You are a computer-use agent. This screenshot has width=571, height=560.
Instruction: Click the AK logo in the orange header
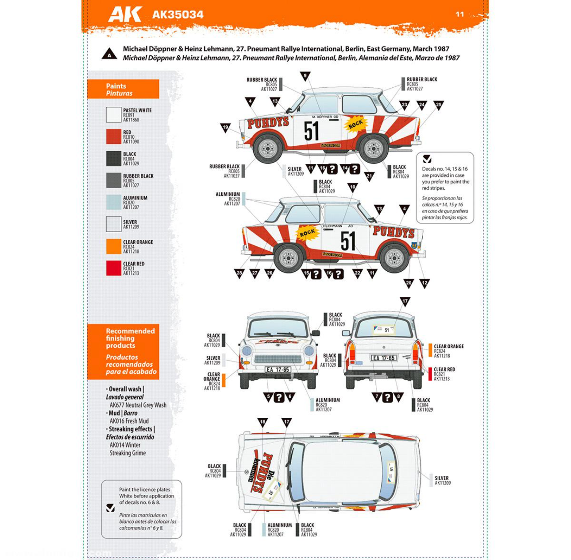[125, 14]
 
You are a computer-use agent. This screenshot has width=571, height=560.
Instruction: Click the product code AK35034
[177, 15]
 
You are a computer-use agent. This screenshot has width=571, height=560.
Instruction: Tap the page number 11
[459, 14]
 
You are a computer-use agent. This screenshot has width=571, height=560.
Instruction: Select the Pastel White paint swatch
[113, 115]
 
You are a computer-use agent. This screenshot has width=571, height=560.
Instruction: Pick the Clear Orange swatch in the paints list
[113, 246]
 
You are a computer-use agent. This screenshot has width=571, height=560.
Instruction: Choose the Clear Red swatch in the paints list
[113, 268]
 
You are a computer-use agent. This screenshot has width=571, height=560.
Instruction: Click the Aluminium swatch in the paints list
[113, 202]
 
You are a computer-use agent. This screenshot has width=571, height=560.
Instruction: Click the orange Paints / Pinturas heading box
[123, 89]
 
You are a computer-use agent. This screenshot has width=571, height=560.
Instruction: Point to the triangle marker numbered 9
[305, 76]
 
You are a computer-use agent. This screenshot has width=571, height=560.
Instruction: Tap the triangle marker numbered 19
[225, 128]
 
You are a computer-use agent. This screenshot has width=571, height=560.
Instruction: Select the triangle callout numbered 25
[438, 105]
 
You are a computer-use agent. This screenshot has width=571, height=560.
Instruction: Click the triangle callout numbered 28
[239, 273]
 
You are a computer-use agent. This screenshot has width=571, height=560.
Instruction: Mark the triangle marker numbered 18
[262, 422]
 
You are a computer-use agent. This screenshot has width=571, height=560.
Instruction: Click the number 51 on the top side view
[311, 131]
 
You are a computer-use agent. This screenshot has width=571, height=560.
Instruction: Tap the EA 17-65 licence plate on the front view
[278, 369]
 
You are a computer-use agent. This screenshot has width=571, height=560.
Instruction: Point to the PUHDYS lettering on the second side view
[394, 232]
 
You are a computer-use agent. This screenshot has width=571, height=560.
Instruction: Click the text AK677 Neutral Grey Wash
[138, 405]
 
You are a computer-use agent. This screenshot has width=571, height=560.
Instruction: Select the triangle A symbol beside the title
[109, 54]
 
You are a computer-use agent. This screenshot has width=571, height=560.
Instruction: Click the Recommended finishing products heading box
[123, 351]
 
